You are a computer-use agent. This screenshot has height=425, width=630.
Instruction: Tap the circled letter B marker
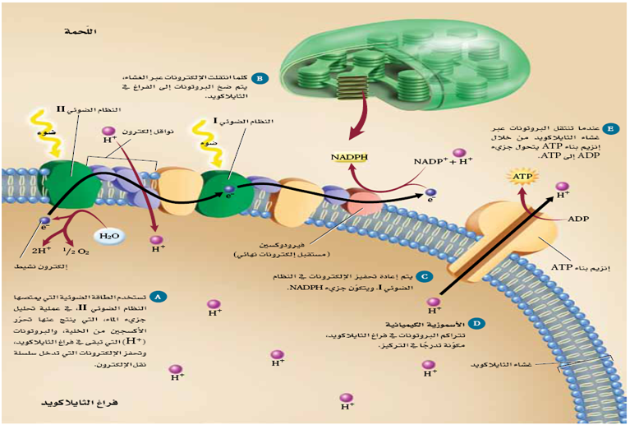point(259,79)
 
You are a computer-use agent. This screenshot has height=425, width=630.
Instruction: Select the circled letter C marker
point(424,276)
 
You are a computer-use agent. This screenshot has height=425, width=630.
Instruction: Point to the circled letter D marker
point(477,326)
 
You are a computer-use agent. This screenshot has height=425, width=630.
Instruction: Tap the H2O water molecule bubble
point(108,236)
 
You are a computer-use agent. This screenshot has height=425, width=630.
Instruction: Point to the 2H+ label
point(42,251)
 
